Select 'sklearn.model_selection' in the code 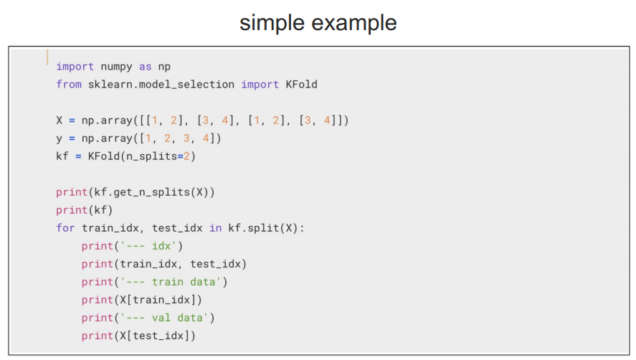(161, 85)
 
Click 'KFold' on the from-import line (301, 85)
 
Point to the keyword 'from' (69, 85)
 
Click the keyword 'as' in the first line (146, 67)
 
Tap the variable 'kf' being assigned (62, 156)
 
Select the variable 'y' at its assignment (60, 138)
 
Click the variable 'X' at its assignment (60, 120)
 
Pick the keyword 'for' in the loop (65, 228)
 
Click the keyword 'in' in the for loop (215, 228)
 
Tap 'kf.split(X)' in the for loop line (263, 228)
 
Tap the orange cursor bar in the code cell (48, 57)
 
